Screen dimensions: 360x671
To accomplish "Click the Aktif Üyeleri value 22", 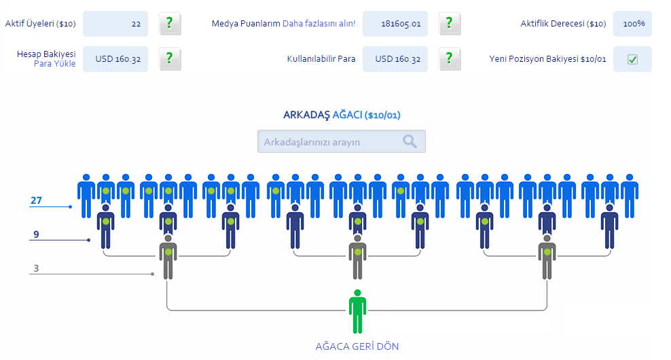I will coord(115,24).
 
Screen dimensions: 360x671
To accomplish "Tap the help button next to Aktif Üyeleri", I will coord(170,24).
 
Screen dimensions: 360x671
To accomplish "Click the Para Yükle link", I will coord(54,64).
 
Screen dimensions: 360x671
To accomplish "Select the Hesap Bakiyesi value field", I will coord(115,59).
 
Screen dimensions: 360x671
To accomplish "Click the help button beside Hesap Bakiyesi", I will coord(170,59).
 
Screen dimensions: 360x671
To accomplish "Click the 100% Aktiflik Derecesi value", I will coord(632,24).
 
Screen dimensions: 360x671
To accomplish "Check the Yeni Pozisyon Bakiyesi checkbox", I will coord(632,59).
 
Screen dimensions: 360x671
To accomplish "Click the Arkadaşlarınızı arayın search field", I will coord(329,141).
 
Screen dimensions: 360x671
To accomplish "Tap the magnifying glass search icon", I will coord(410,141).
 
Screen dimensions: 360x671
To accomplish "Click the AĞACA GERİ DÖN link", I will coord(357,346).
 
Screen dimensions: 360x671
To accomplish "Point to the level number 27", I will coord(37,200).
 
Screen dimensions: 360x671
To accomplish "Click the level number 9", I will coord(37,235).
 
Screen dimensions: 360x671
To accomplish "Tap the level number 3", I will coord(37,268).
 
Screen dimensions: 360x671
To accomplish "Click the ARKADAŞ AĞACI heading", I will coord(341,115).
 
